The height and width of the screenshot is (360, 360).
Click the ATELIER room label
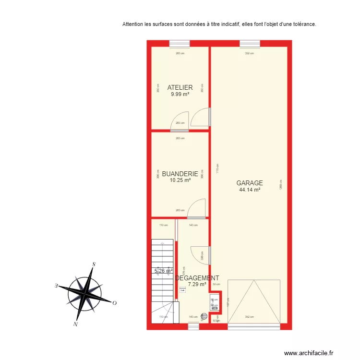(x=180, y=87)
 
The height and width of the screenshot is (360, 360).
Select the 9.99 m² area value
(x=180, y=94)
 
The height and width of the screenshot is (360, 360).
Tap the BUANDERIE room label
(x=180, y=174)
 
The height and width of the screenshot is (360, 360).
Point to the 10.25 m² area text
(x=180, y=180)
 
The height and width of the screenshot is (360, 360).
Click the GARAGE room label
(x=250, y=183)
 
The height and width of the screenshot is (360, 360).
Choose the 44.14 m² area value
(x=250, y=190)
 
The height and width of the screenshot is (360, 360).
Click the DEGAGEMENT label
(x=197, y=278)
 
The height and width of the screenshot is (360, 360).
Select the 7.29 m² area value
(x=197, y=284)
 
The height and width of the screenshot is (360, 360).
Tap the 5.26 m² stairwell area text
(x=163, y=271)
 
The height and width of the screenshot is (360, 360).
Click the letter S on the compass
(x=95, y=264)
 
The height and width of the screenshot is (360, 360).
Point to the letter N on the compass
(x=75, y=324)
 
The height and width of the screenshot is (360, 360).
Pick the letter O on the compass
(x=115, y=303)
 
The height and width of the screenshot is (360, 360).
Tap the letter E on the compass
(x=56, y=286)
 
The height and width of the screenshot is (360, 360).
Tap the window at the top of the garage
(x=250, y=44)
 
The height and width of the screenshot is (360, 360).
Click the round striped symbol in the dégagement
(x=204, y=316)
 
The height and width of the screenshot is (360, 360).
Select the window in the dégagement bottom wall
(x=193, y=326)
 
